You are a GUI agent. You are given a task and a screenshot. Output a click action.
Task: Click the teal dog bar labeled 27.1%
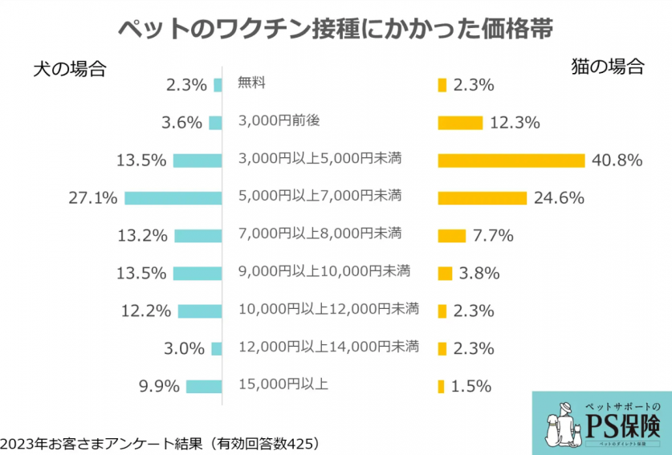[x=173, y=197]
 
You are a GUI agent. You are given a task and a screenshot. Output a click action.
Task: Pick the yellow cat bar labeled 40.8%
[x=511, y=160]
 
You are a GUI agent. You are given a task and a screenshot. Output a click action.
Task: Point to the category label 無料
[x=251, y=82]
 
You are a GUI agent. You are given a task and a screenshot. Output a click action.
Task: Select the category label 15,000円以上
[x=283, y=384]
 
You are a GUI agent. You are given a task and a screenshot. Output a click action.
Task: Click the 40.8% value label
[x=617, y=160]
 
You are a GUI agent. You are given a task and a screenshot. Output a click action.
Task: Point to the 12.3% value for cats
[x=515, y=123]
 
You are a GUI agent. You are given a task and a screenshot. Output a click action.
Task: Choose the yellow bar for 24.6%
[x=482, y=198]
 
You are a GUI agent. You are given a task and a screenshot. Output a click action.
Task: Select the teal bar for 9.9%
[x=204, y=387]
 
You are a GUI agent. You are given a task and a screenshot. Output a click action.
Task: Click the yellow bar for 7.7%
[x=451, y=235]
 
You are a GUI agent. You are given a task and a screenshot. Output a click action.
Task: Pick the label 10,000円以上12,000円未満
[x=328, y=308]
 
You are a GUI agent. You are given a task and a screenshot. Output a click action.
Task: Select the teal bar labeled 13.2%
[x=197, y=235]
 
